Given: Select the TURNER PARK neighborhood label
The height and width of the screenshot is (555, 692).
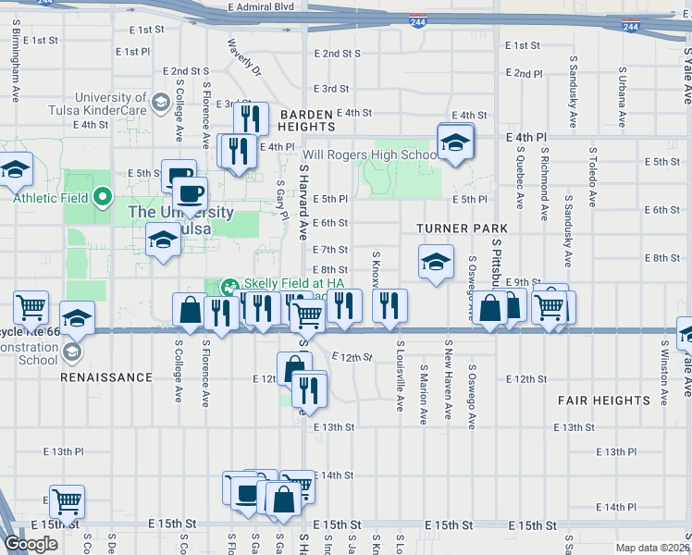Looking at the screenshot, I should pyautogui.click(x=462, y=228).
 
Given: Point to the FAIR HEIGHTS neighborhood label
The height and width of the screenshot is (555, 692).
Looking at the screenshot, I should pyautogui.click(x=604, y=401).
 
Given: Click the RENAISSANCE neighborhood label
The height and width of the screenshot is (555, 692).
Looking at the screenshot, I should pyautogui.click(x=106, y=377).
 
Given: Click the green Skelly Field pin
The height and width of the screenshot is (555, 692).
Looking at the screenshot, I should pyautogui.click(x=227, y=284).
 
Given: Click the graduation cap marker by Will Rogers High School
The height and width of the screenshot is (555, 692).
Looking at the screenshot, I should pyautogui.click(x=454, y=142).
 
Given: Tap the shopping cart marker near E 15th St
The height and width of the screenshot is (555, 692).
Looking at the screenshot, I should pyautogui.click(x=67, y=502).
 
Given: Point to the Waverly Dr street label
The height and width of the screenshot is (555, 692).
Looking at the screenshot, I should pyautogui.click(x=243, y=56).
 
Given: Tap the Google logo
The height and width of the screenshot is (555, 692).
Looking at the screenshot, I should pyautogui.click(x=31, y=544).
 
